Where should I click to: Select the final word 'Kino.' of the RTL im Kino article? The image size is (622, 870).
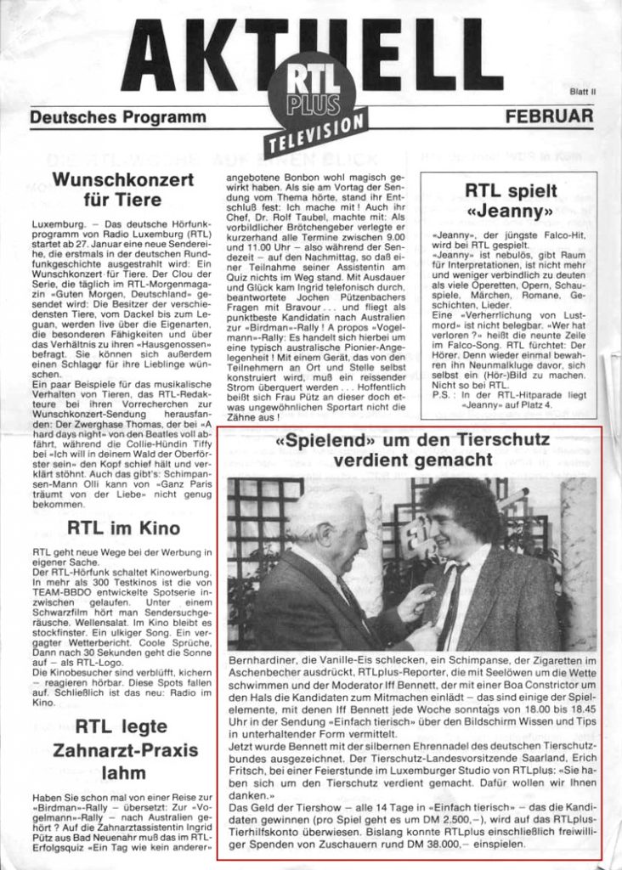[x=44, y=702]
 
